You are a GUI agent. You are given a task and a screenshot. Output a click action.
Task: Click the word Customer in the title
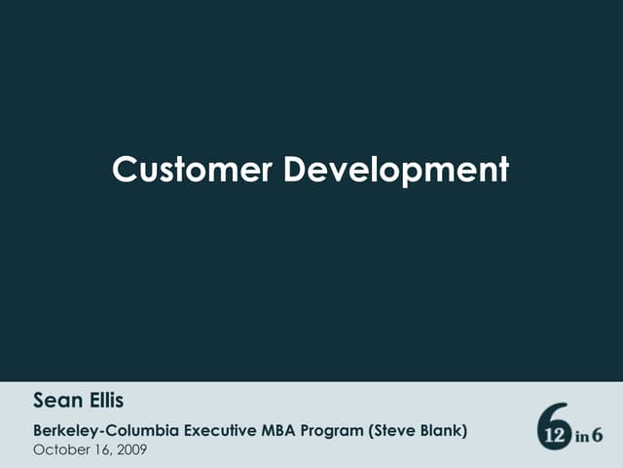click(193, 170)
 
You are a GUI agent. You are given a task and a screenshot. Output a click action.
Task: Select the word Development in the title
click(396, 171)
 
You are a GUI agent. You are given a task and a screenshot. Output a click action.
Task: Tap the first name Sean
click(54, 400)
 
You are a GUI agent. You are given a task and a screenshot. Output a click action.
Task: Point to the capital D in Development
click(296, 170)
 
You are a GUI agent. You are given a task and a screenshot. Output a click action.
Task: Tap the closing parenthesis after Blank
click(465, 429)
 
